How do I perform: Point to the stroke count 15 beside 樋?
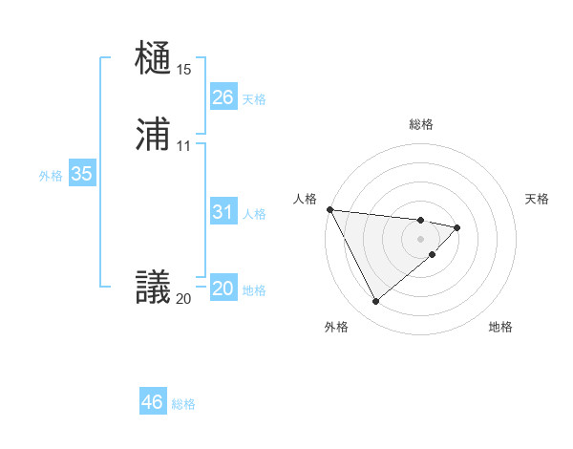pyautogui.click(x=183, y=70)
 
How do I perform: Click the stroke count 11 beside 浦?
pyautogui.click(x=183, y=146)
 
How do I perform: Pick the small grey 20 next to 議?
pyautogui.click(x=183, y=299)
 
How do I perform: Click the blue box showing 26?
pyautogui.click(x=223, y=97)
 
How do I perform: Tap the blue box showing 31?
pyautogui.click(x=223, y=212)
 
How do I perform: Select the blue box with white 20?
pyautogui.click(x=223, y=289)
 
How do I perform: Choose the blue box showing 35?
pyautogui.click(x=81, y=174)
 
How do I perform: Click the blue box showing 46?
pyautogui.click(x=152, y=402)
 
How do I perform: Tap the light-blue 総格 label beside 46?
pyautogui.click(x=183, y=404)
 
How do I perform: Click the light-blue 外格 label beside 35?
pyautogui.click(x=51, y=176)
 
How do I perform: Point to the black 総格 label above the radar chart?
pyautogui.click(x=421, y=124)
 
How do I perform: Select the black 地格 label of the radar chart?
pyautogui.click(x=500, y=328)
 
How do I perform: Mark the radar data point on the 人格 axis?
pyautogui.click(x=329, y=209)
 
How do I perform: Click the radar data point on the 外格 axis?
pyautogui.click(x=375, y=302)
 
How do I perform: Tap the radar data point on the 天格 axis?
pyautogui.click(x=458, y=227)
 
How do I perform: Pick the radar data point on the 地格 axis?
pyautogui.click(x=433, y=254)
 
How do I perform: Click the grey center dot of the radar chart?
pyautogui.click(x=420, y=238)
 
